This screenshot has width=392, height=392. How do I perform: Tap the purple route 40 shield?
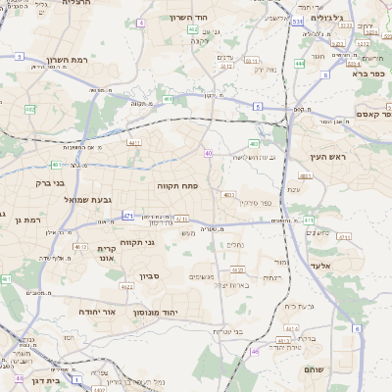click(209, 154)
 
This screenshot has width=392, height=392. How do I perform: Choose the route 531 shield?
click(297, 19)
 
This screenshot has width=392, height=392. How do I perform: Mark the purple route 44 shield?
click(19, 376)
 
